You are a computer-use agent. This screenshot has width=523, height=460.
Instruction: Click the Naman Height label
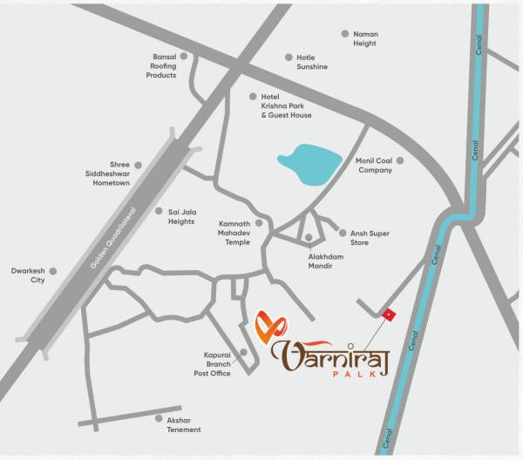pyautogui.click(x=365, y=39)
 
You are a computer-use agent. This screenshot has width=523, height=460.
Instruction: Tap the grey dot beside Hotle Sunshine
pyautogui.click(x=289, y=57)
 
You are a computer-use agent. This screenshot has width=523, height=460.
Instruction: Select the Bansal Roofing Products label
pyautogui.click(x=161, y=66)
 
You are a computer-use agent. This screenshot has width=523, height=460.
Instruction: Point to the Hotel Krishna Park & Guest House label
pyautogui.click(x=286, y=105)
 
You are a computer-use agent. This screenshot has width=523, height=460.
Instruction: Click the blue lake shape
pyautogui.click(x=309, y=162)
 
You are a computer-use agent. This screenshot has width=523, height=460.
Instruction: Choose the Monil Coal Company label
pyautogui.click(x=375, y=166)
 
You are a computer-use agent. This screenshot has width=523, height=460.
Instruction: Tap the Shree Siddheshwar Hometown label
pyautogui.click(x=112, y=173)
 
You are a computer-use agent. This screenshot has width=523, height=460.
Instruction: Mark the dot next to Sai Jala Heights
pyautogui.click(x=159, y=211)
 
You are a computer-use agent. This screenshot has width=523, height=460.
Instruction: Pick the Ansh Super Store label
pyautogui.click(x=370, y=238)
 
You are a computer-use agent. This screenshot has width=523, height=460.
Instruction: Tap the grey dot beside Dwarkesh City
pyautogui.click(x=53, y=271)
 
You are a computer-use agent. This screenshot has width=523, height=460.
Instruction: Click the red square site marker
pyautogui.click(x=389, y=315)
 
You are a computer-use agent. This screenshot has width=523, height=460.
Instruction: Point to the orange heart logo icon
pyautogui.click(x=270, y=327)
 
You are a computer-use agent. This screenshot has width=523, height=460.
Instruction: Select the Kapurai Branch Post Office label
pyautogui.click(x=212, y=364)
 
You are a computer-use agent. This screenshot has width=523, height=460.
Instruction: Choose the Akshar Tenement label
pyautogui.click(x=184, y=424)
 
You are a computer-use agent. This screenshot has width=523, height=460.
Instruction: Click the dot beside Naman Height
pyautogui.click(x=344, y=34)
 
